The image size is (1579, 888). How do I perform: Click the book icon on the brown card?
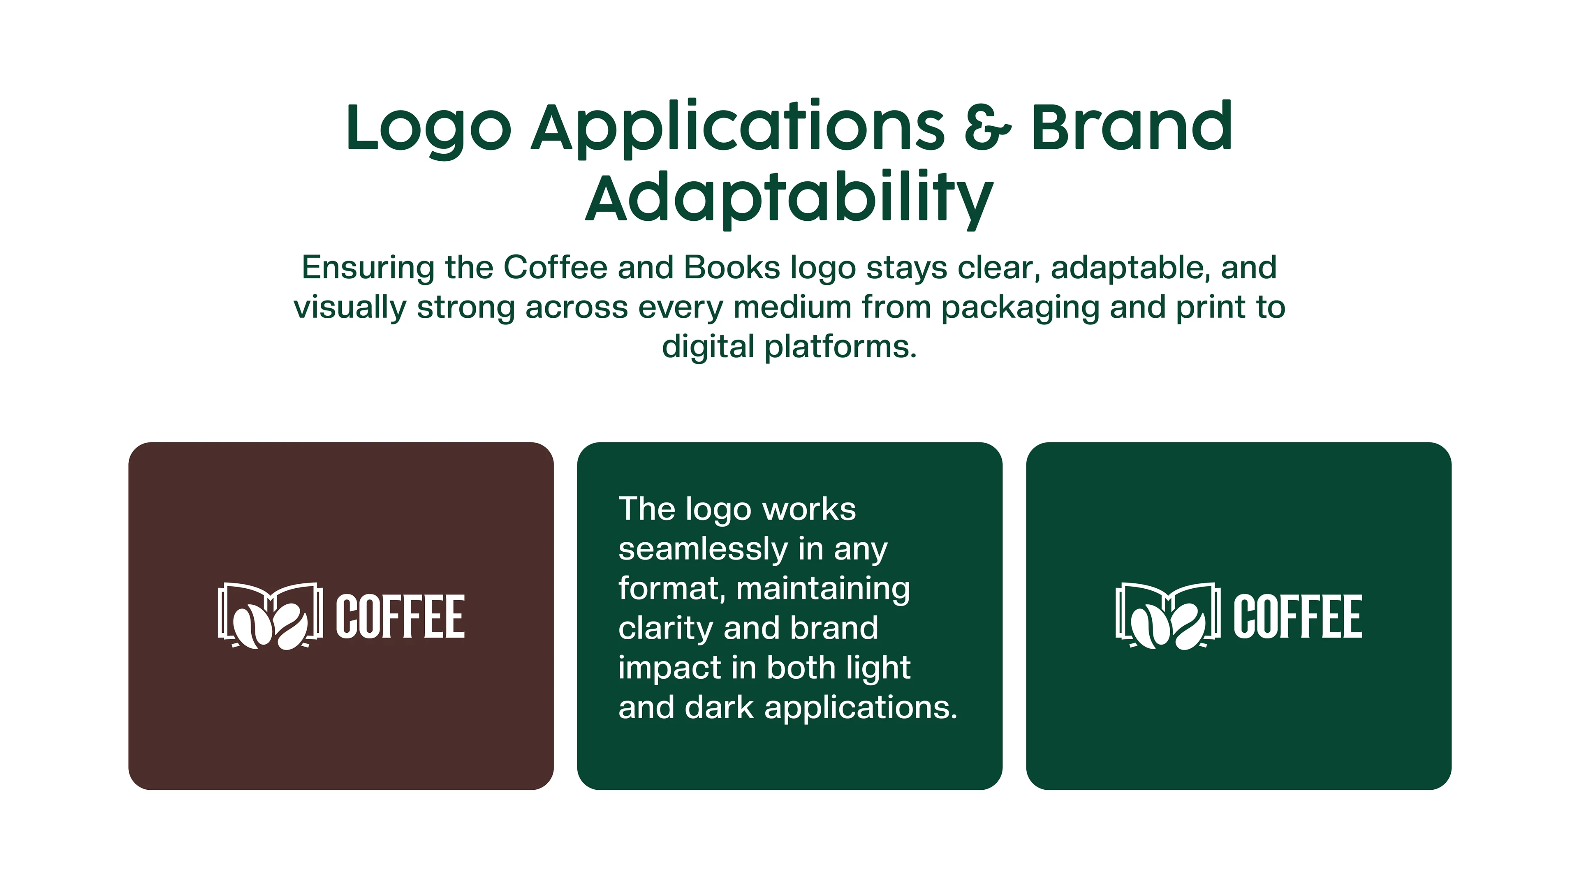(270, 615)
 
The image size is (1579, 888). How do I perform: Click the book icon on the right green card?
(1168, 615)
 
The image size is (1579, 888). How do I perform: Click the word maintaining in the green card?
(823, 589)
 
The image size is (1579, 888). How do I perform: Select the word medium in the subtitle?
(792, 307)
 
